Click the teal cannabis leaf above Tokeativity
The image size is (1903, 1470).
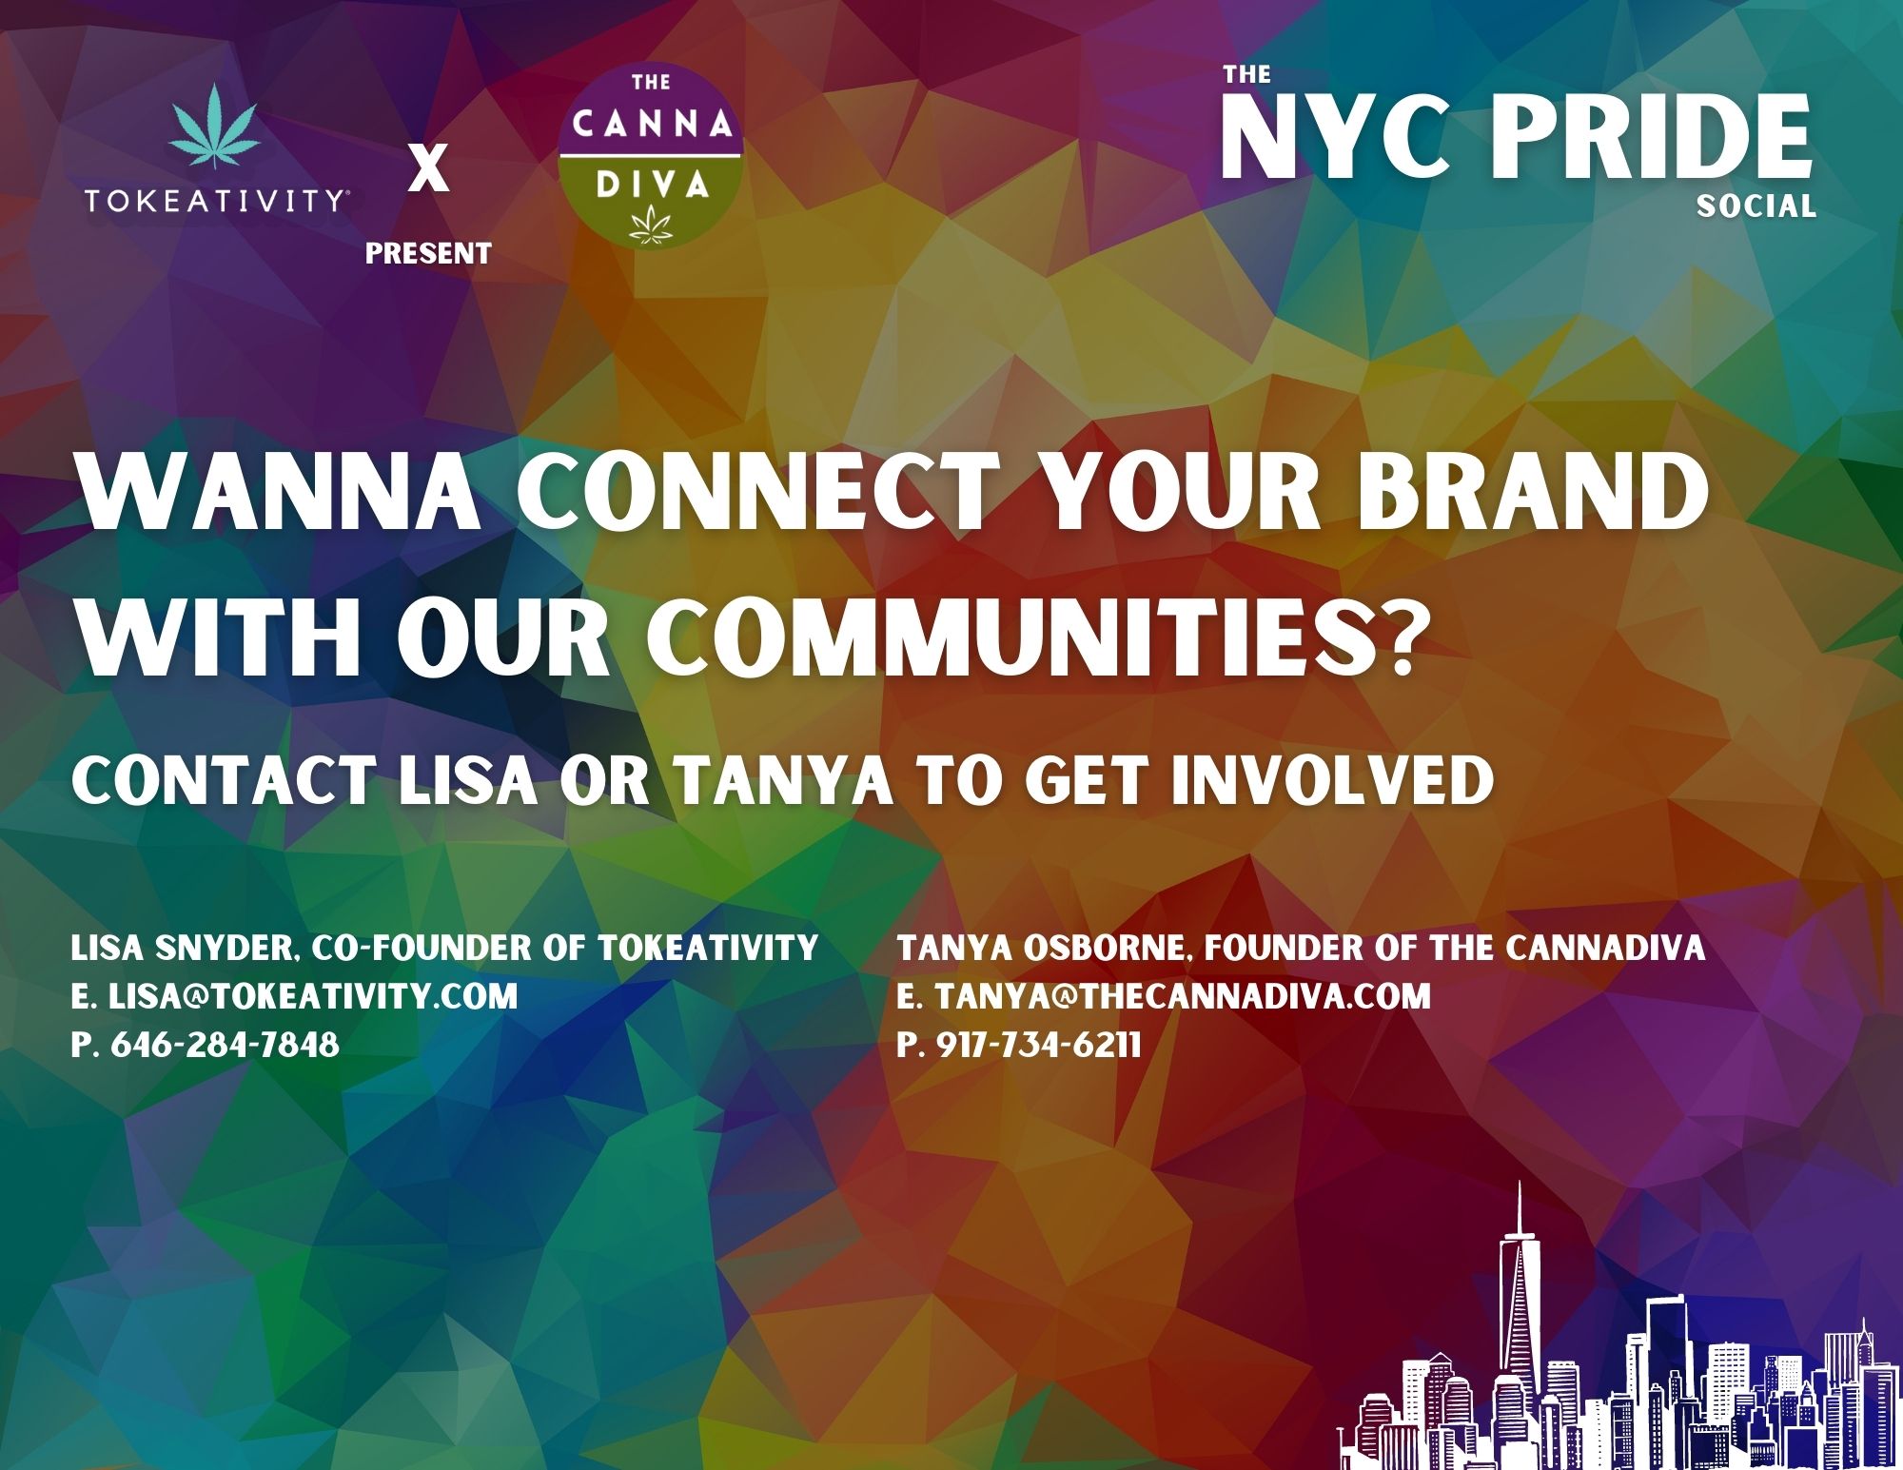[215, 130]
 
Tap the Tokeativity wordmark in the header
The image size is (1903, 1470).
[216, 201]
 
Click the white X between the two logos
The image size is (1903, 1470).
[428, 171]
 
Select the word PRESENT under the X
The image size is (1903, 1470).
[428, 253]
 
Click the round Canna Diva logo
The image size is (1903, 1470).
[651, 155]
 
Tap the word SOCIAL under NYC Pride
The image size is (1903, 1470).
[1756, 206]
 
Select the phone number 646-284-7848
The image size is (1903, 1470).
[225, 1045]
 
